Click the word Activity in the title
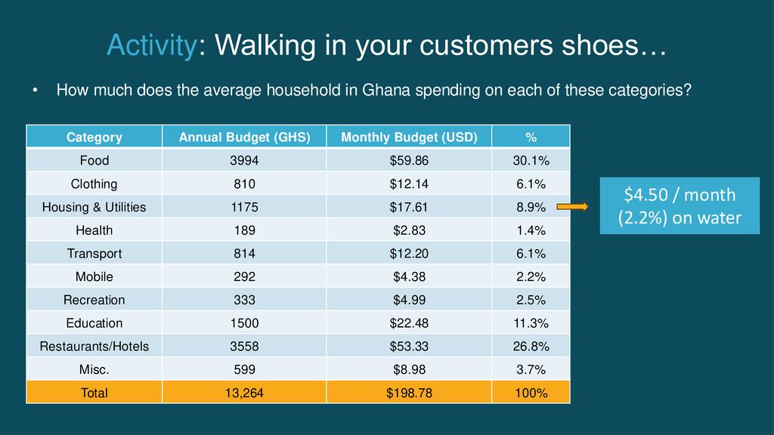pyautogui.click(x=151, y=46)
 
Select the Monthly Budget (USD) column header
pyautogui.click(x=409, y=137)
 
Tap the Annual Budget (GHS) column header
pyautogui.click(x=244, y=137)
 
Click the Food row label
pyautogui.click(x=94, y=161)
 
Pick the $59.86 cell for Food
pyautogui.click(x=409, y=161)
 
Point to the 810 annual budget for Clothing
pyautogui.click(x=244, y=184)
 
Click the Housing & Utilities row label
pyautogui.click(x=94, y=207)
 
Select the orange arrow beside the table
pyautogui.click(x=574, y=207)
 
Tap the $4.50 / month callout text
pyautogui.click(x=679, y=195)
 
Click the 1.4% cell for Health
pyautogui.click(x=531, y=230)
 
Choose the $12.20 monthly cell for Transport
pyautogui.click(x=409, y=254)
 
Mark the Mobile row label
pyautogui.click(x=94, y=277)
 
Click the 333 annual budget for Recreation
pyautogui.click(x=244, y=300)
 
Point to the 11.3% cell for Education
pyautogui.click(x=531, y=323)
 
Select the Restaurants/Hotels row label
pyautogui.click(x=94, y=347)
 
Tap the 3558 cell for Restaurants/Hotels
pyautogui.click(x=244, y=347)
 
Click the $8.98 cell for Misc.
pyautogui.click(x=409, y=370)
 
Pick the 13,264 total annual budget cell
pyautogui.click(x=244, y=393)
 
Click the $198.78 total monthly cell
pyautogui.click(x=409, y=393)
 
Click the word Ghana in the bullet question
pyautogui.click(x=382, y=91)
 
